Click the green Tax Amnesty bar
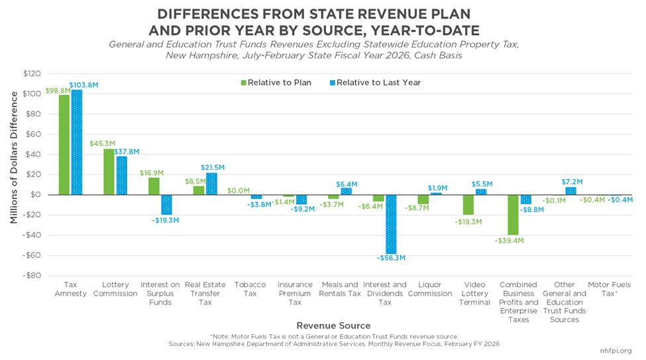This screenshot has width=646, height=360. pyautogui.click(x=64, y=145)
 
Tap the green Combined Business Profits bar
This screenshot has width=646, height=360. pyautogui.click(x=513, y=215)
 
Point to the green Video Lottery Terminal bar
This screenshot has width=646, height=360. pyautogui.click(x=468, y=204)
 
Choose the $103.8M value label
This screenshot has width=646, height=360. pyautogui.click(x=83, y=85)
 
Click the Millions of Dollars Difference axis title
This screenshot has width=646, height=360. pyautogui.click(x=15, y=174)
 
